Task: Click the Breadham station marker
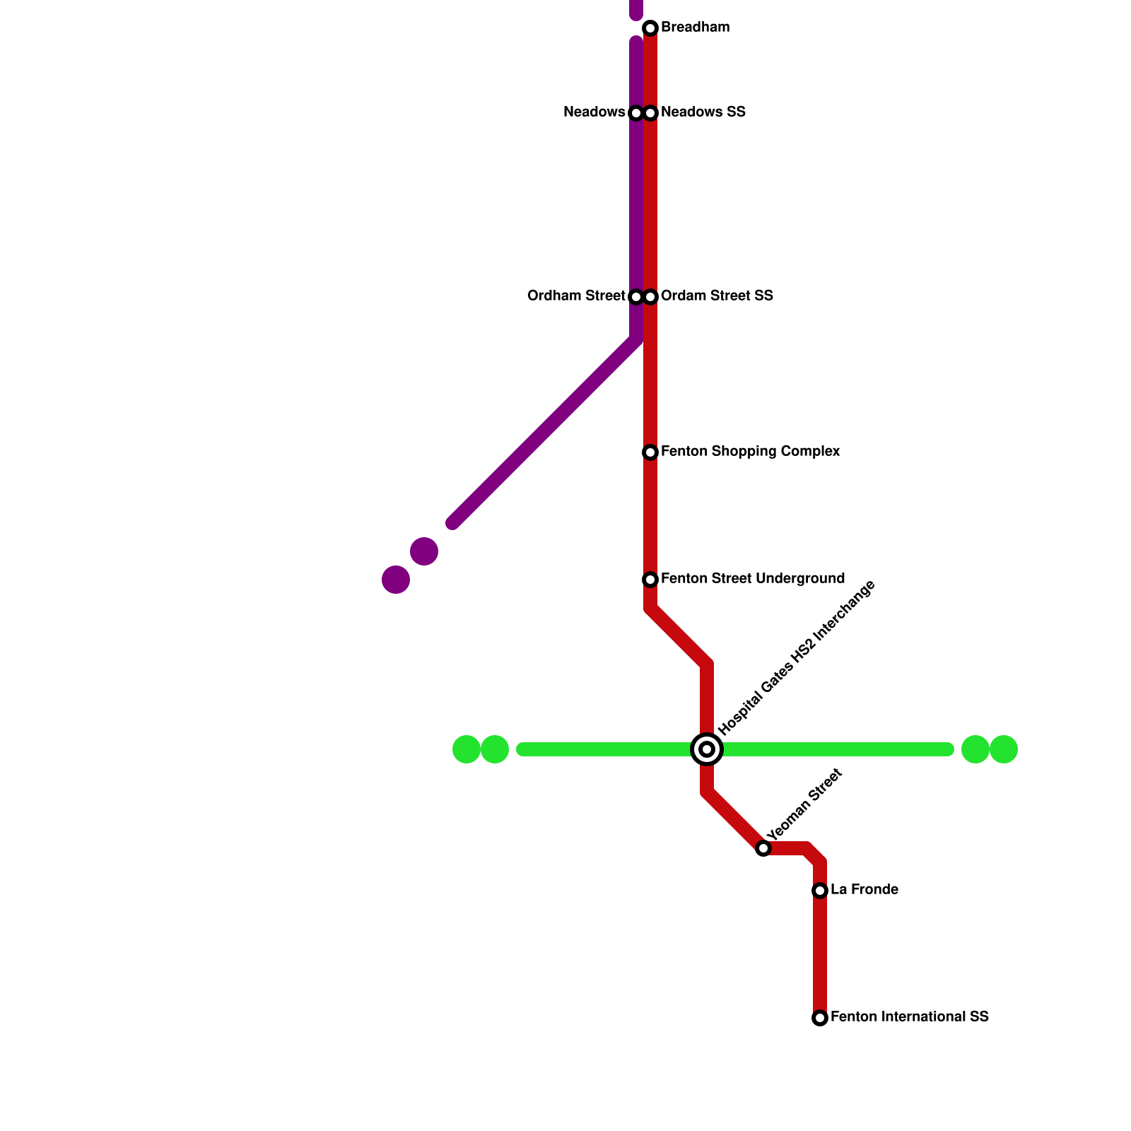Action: click(650, 28)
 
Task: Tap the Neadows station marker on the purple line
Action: click(635, 113)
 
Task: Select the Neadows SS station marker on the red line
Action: click(651, 113)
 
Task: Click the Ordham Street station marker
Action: click(635, 297)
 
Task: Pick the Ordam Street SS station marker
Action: click(651, 297)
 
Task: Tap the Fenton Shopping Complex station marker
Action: click(650, 452)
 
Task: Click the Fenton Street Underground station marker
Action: click(650, 580)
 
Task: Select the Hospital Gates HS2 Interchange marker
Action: click(707, 749)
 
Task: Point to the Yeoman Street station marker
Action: click(763, 848)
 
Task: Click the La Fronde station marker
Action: click(820, 891)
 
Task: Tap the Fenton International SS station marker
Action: click(820, 1018)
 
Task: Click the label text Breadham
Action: click(695, 28)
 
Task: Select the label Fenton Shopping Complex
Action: click(750, 452)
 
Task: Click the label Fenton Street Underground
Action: click(752, 579)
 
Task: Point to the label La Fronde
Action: click(864, 890)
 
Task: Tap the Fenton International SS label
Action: click(909, 1017)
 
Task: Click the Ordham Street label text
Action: click(576, 296)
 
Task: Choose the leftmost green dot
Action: click(467, 749)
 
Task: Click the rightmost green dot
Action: click(1004, 749)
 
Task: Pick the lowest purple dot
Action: click(396, 580)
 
